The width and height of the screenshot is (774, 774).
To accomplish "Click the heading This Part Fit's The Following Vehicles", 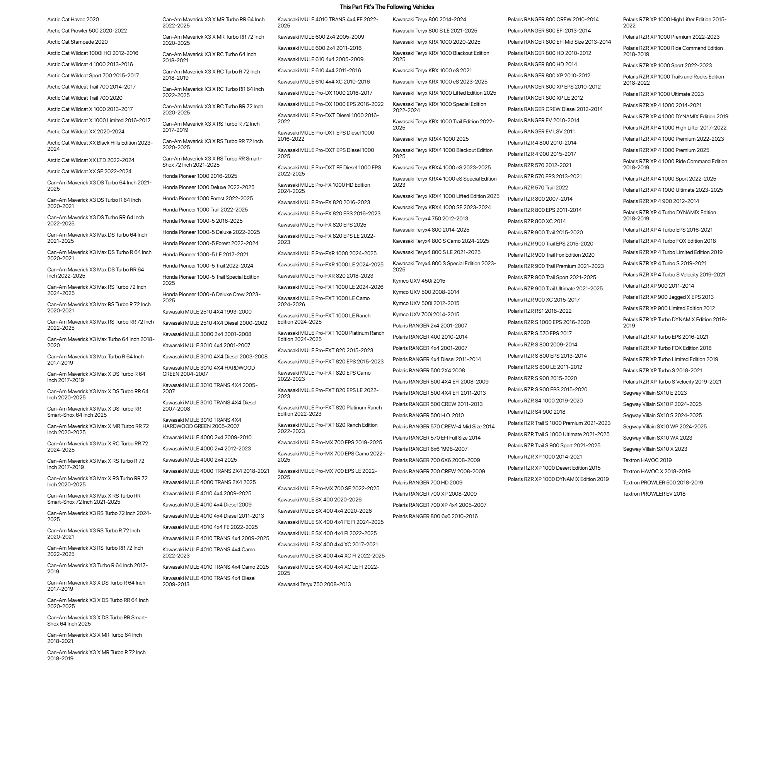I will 387,7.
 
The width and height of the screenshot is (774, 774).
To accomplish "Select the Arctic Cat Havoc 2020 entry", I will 73,20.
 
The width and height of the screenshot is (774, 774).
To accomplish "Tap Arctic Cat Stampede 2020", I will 77,42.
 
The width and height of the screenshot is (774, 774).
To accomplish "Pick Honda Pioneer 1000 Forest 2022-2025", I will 208,199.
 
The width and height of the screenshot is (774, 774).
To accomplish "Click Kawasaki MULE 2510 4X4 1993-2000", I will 207,312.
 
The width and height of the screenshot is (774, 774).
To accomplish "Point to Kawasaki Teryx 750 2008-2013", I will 314,585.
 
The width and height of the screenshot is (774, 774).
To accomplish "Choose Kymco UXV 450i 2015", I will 419,281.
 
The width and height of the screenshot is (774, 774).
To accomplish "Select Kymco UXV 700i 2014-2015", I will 426,315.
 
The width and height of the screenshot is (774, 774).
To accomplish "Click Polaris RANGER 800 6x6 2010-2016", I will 435,517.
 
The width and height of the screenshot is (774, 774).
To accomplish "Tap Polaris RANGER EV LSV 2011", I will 541,132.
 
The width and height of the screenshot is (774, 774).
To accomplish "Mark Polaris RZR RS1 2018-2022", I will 540,311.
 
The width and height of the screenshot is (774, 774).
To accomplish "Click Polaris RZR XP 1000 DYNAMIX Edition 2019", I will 558,479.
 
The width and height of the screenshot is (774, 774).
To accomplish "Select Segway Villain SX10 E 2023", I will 655,393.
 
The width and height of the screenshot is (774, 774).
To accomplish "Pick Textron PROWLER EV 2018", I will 654,494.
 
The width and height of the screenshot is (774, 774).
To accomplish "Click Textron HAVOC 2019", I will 647,460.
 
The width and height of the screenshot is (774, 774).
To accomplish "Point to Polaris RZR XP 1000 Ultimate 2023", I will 663,95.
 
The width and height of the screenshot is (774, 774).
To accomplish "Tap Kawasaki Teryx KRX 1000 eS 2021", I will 432,71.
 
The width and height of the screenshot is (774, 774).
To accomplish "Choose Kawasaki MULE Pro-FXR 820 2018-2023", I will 325,276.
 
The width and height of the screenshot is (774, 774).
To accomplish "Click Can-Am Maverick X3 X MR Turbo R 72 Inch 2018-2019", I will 96,655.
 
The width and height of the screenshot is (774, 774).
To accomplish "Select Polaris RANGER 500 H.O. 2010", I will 428,416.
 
